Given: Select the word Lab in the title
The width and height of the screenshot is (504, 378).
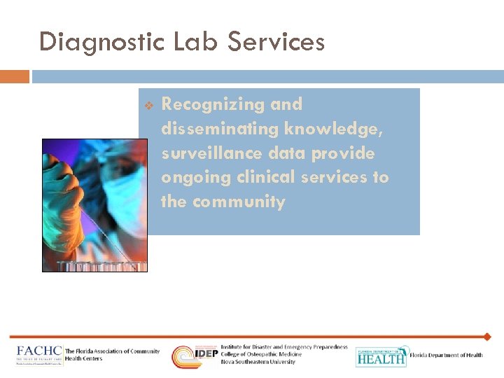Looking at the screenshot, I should click(x=189, y=42).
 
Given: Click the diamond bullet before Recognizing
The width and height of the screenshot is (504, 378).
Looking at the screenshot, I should click(x=148, y=106).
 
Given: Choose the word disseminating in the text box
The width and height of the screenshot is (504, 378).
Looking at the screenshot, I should click(x=220, y=129).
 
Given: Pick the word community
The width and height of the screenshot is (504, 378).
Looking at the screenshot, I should click(x=239, y=202).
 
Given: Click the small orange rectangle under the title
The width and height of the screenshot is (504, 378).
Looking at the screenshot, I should click(x=15, y=76).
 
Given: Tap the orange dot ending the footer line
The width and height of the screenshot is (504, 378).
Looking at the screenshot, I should click(x=487, y=337).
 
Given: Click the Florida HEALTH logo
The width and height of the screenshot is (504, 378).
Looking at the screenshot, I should click(x=381, y=356).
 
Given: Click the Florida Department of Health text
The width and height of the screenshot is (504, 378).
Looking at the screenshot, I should click(x=446, y=356).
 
